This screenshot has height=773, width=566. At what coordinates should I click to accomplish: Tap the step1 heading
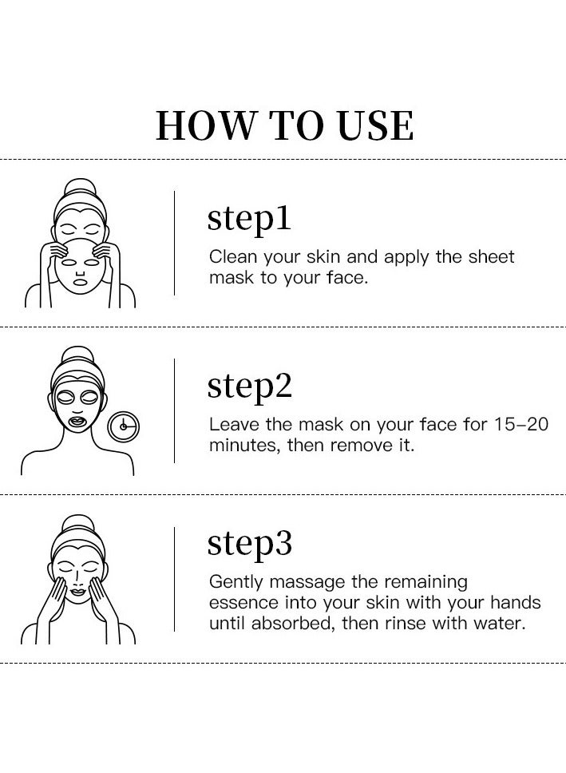click(249, 219)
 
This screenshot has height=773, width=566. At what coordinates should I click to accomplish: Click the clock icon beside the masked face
click(123, 426)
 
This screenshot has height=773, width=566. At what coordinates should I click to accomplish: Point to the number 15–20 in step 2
click(519, 424)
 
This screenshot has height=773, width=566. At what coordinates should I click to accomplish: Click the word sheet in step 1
click(493, 257)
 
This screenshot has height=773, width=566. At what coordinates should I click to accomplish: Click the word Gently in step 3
click(234, 582)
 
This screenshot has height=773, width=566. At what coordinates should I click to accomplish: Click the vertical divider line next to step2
click(175, 410)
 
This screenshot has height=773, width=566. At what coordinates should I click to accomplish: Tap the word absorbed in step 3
click(296, 623)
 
